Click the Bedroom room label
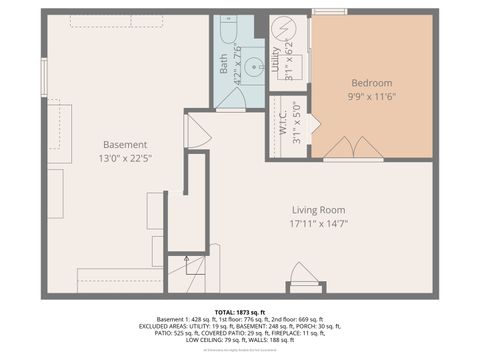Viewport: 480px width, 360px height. click(371, 82)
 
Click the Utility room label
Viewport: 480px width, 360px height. click(277, 62)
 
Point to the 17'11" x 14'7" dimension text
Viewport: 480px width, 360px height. click(320, 225)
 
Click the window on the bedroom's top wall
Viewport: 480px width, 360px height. click(329, 12)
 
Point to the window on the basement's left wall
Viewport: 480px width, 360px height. click(43, 76)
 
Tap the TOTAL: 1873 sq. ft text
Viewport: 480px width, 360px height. click(240, 312)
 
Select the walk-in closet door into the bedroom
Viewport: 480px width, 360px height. click(312, 124)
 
